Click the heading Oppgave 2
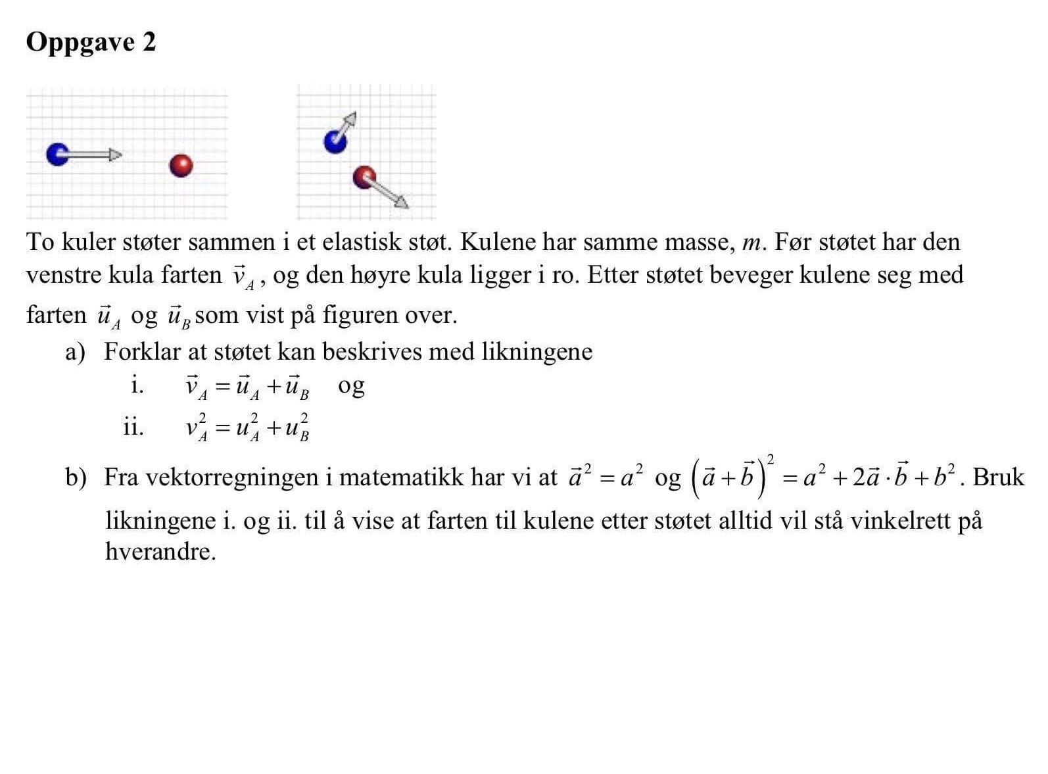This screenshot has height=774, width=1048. click(x=91, y=42)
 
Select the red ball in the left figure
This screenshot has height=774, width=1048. click(x=181, y=165)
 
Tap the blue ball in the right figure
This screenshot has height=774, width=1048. click(x=335, y=141)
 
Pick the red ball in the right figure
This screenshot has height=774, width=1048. click(x=364, y=177)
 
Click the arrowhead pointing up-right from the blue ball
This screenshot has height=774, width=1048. click(x=351, y=118)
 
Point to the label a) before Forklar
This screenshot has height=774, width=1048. click(x=75, y=352)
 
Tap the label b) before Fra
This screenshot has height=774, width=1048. click(x=76, y=477)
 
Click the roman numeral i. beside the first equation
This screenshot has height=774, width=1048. click(x=137, y=385)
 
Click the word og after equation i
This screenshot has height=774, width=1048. click(x=351, y=386)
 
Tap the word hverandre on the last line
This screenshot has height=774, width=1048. click(x=160, y=551)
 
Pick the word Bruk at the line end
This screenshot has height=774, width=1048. click(x=998, y=477)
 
